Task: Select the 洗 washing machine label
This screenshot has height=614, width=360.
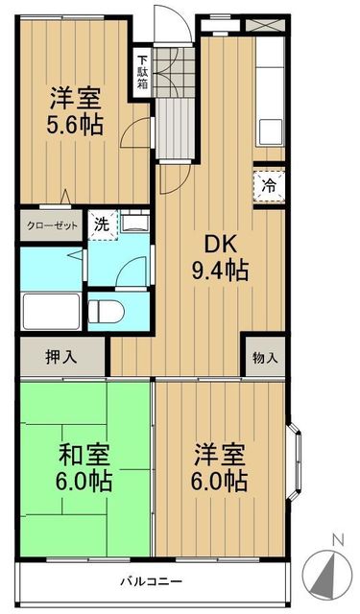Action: pyautogui.click(x=100, y=226)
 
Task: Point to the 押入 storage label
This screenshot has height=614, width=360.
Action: pyautogui.click(x=60, y=358)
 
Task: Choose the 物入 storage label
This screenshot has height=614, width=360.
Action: pyautogui.click(x=265, y=358)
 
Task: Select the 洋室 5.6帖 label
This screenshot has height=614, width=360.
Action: pyautogui.click(x=77, y=112)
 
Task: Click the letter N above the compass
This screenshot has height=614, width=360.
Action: pyautogui.click(x=335, y=539)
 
